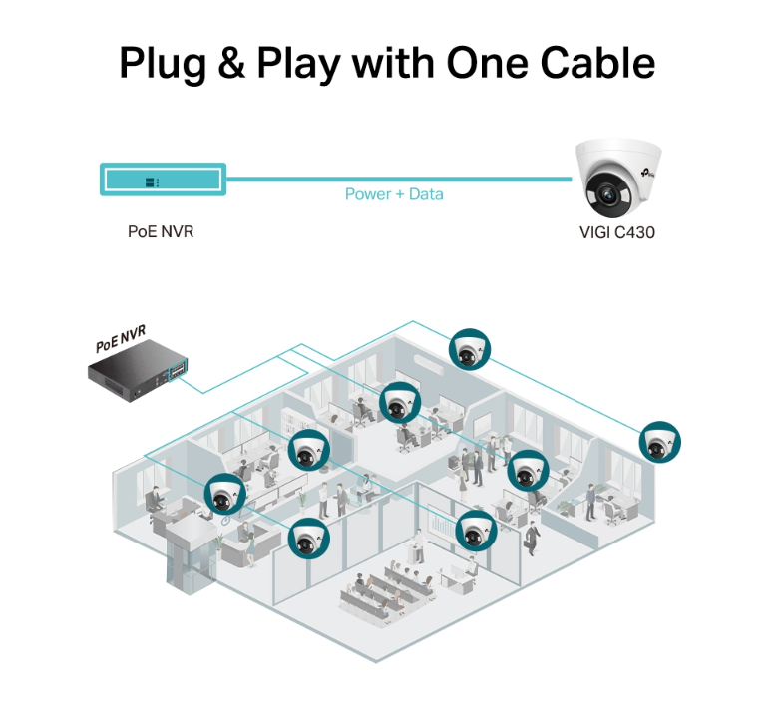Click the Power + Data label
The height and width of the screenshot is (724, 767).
pos(394,193)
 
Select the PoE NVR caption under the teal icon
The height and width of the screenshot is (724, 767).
pos(161,232)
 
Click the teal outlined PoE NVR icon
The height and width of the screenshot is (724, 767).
pos(163,181)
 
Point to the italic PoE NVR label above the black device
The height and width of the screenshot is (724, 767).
pos(121,341)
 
